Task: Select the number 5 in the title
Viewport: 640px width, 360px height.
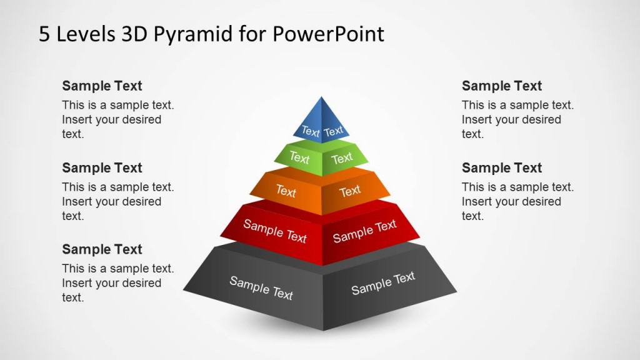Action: (44, 34)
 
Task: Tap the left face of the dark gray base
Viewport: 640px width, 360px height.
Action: (259, 287)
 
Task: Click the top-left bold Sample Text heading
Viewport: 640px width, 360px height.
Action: (102, 86)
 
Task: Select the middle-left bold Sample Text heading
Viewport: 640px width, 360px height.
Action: (102, 168)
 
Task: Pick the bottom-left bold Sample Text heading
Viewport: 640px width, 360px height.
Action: (102, 249)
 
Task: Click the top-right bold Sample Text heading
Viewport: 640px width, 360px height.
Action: (502, 86)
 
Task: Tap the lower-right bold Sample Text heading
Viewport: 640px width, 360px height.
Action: (502, 168)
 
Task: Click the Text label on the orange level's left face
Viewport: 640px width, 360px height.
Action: (286, 191)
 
